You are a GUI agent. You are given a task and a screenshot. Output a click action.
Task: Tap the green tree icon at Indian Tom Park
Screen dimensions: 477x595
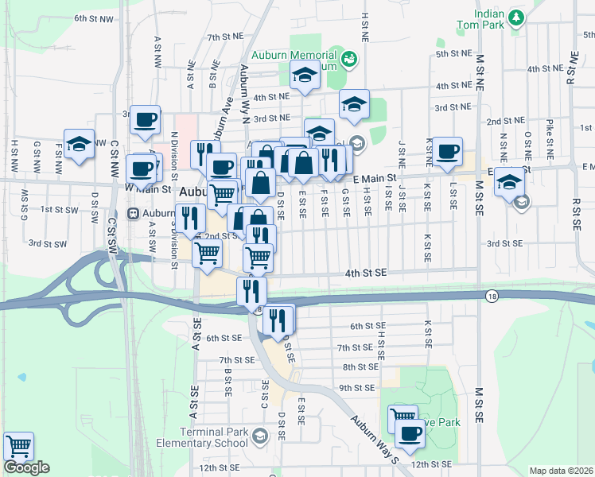click(x=517, y=17)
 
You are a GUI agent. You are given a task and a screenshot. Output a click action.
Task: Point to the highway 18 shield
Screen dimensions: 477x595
click(x=493, y=295)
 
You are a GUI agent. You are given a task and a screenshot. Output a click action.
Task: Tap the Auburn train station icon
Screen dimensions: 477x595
click(x=132, y=213)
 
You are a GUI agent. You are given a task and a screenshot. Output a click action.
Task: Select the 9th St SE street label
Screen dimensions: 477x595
click(x=356, y=388)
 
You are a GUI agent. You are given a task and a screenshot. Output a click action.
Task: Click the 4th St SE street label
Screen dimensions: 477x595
click(x=365, y=273)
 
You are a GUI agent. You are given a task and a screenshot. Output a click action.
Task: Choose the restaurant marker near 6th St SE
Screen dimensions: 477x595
click(x=278, y=320)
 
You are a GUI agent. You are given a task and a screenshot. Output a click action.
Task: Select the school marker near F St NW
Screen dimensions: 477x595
click(x=79, y=144)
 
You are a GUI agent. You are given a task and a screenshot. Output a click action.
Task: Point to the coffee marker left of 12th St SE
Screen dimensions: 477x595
click(x=410, y=433)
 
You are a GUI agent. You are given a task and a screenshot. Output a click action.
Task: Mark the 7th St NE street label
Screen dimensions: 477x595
click(x=224, y=37)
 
